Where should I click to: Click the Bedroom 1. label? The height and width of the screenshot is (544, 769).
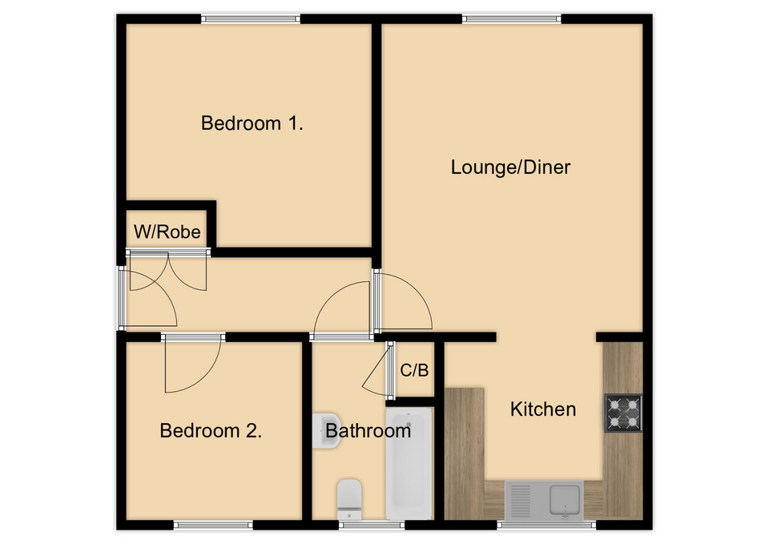252,123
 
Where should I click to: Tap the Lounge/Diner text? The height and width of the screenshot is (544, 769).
510,167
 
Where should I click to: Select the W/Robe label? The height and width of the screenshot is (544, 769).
167,233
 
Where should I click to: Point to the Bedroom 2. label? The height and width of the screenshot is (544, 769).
211,430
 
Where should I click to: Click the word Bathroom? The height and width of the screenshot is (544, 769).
368,430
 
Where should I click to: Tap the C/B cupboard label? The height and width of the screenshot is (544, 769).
414,370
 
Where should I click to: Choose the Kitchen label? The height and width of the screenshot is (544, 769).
543,409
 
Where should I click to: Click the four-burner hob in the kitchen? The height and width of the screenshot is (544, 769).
622,413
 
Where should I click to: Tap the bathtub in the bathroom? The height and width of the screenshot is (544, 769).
409,462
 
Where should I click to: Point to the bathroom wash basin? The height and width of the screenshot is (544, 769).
326,430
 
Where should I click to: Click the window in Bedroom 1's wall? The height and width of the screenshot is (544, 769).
251,18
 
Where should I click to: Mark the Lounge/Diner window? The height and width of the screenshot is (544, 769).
512,18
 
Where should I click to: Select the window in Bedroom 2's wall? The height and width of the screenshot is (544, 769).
214,526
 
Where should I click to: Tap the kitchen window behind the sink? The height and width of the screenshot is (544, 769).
547,526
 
